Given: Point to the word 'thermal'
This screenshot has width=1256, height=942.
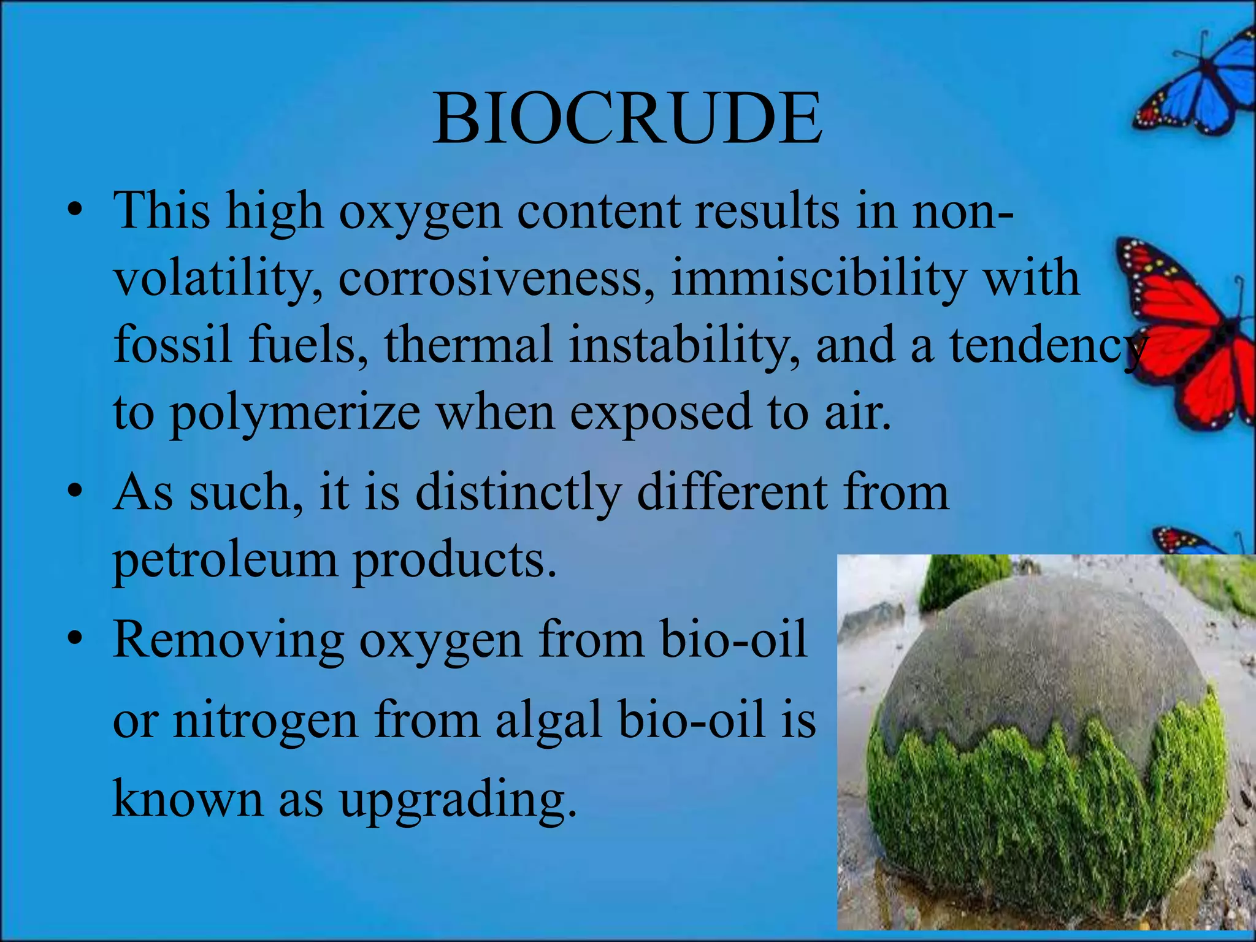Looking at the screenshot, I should tap(469, 345).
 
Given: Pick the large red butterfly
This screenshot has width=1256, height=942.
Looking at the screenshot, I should tap(1190, 331).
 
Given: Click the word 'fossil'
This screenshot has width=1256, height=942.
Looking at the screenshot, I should tap(173, 345).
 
